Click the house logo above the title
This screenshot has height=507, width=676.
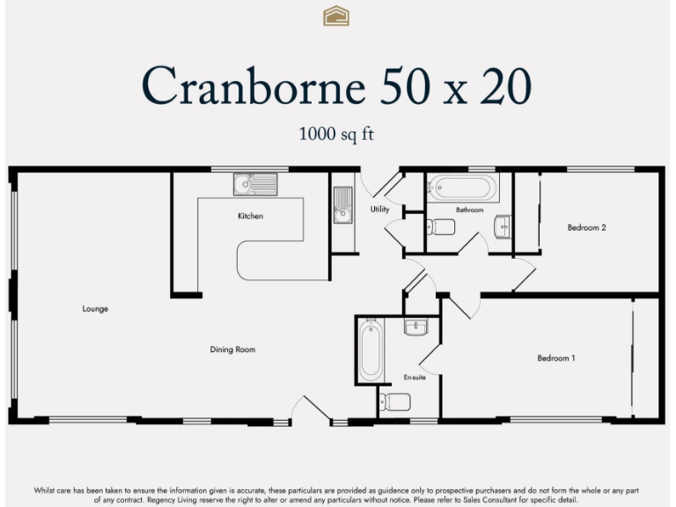tap(336, 16)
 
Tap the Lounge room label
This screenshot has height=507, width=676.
tap(95, 309)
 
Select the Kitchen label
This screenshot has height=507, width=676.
tap(250, 216)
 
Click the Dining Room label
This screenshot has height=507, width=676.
tap(232, 349)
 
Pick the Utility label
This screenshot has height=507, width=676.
tap(379, 209)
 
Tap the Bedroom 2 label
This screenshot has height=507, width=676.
tap(586, 228)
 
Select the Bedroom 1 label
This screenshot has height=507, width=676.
tap(556, 358)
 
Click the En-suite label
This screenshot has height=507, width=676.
tap(414, 377)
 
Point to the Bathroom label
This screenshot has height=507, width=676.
tap(469, 209)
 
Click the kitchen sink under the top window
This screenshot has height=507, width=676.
tap(255, 185)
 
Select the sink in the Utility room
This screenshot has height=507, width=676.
tap(342, 206)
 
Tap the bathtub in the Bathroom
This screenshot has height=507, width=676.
tap(463, 188)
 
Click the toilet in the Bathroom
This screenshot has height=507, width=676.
tap(442, 227)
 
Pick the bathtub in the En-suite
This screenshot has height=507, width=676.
tap(371, 350)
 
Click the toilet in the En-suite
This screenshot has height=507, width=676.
tap(397, 402)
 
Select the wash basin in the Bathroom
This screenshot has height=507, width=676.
tap(503, 226)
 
